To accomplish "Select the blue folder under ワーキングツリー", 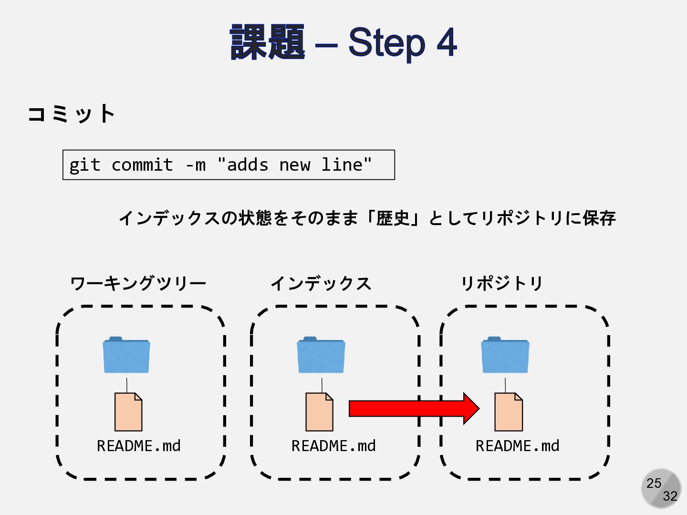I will (126, 355).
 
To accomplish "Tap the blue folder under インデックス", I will (321, 355).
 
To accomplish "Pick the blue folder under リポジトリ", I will (505, 355).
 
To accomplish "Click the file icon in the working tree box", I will (128, 412).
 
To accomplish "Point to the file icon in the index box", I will (319, 412).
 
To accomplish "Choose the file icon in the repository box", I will (509, 412).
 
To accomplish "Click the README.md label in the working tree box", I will (138, 446).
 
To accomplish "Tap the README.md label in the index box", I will (333, 446).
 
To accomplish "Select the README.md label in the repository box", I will (517, 446).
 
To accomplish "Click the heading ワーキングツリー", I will (138, 283).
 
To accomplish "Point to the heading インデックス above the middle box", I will (321, 283).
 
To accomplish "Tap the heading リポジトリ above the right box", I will (501, 283).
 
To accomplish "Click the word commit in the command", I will (142, 165).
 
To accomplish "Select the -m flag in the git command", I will (196, 165).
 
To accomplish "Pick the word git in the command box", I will (84, 165).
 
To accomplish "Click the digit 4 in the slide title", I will (447, 42).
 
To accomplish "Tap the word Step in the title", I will (386, 42).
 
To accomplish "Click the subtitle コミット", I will (71, 114).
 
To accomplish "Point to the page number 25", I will (654, 483).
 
